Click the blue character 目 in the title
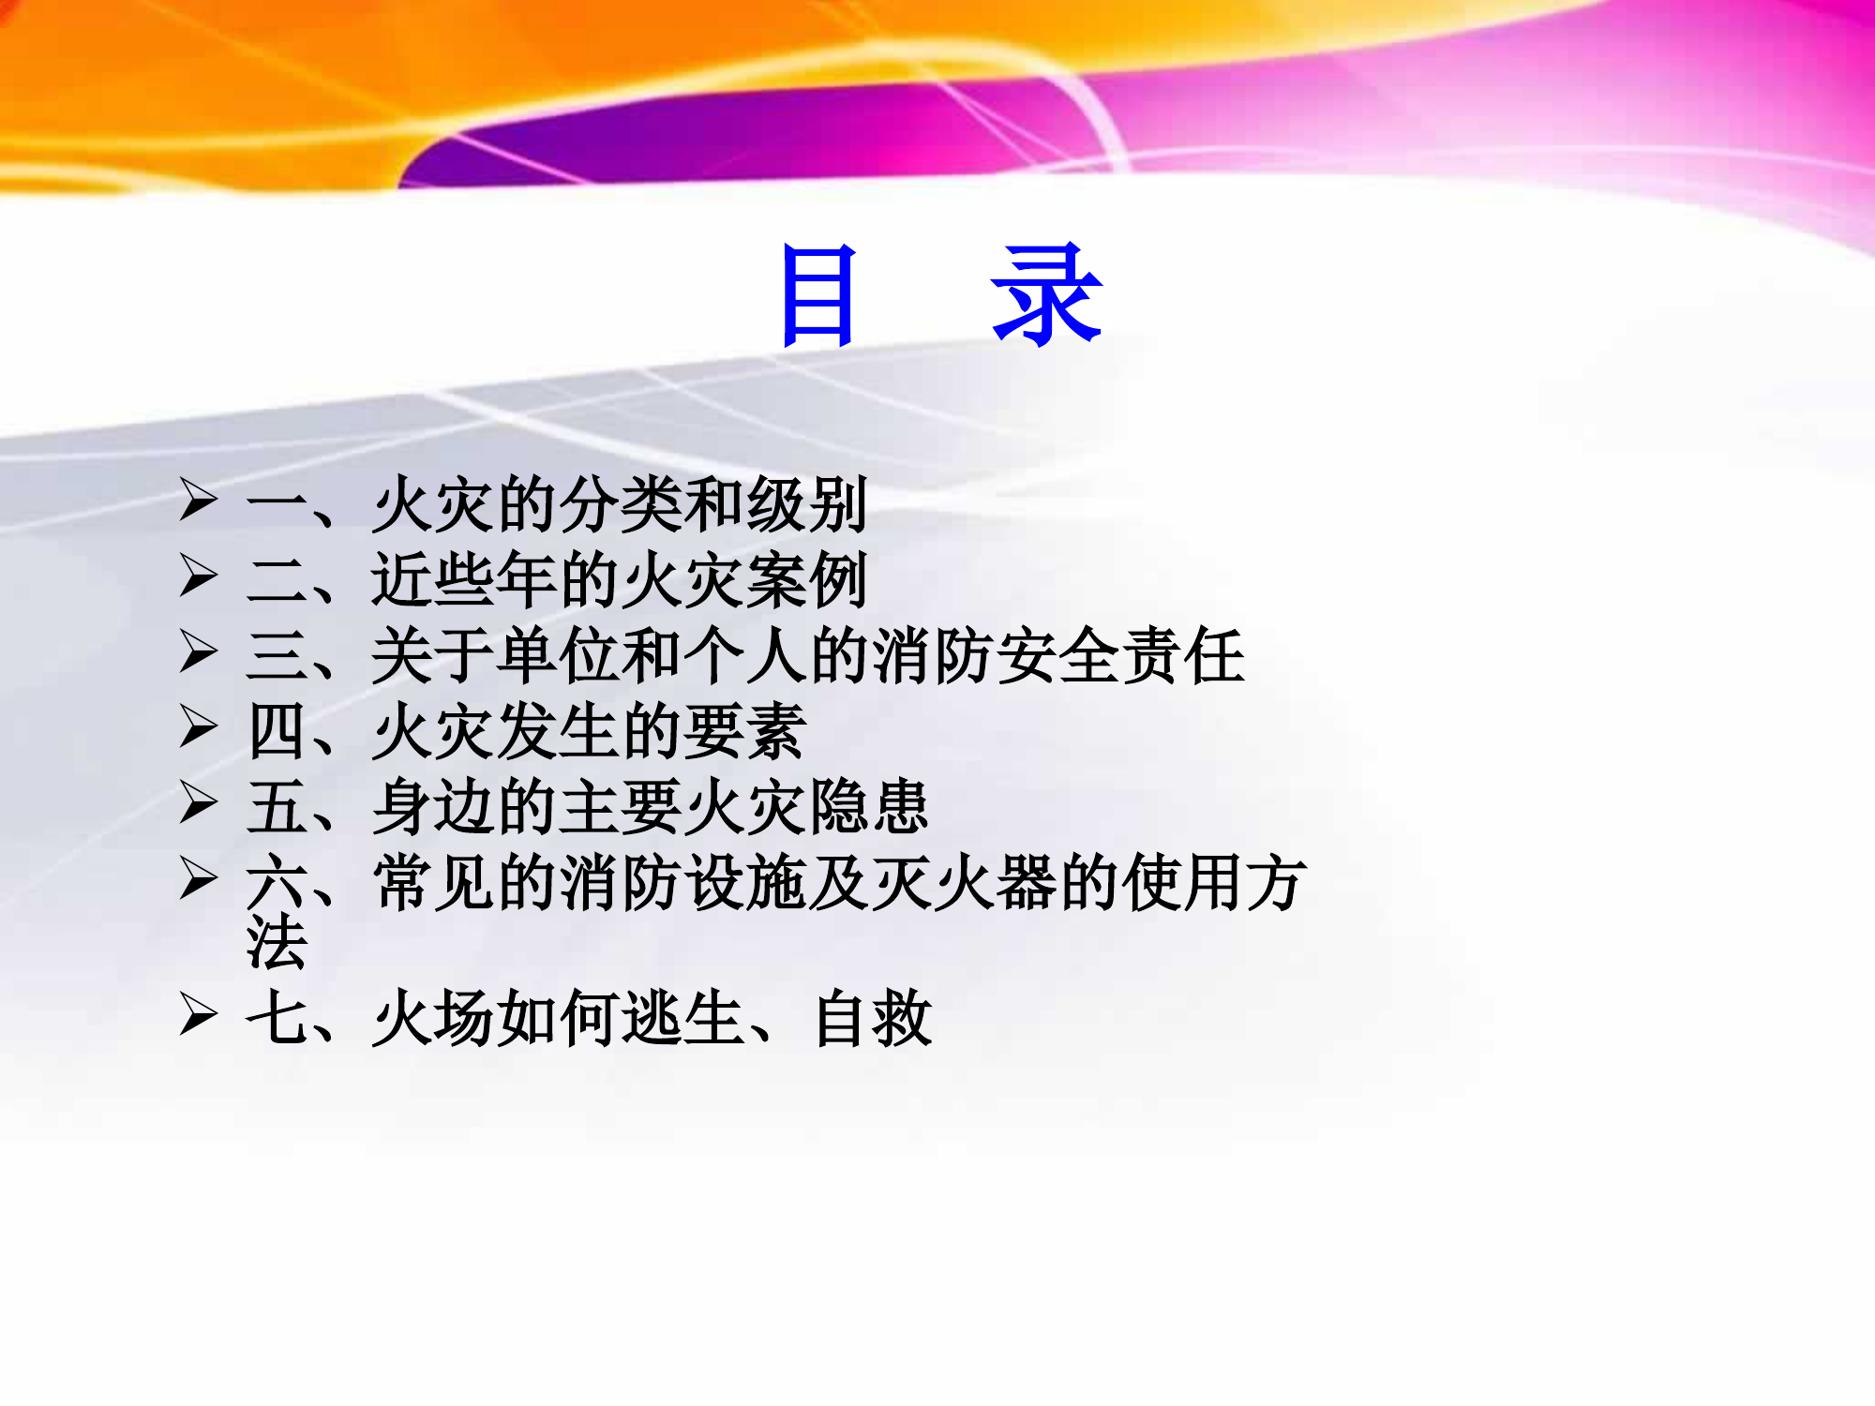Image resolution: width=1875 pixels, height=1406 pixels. pyautogui.click(x=819, y=295)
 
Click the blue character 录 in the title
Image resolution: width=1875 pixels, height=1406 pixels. pyautogui.click(x=1046, y=295)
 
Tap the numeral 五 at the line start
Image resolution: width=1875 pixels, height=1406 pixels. pyautogui.click(x=277, y=807)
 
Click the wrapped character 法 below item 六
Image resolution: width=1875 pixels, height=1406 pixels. pyautogui.click(x=277, y=942)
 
